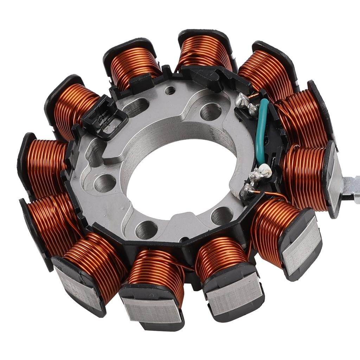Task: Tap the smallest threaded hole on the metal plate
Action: point(170,91)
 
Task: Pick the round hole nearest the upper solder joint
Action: point(211,112)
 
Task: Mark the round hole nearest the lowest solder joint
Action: point(222,215)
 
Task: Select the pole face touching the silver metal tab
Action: point(334,179)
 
